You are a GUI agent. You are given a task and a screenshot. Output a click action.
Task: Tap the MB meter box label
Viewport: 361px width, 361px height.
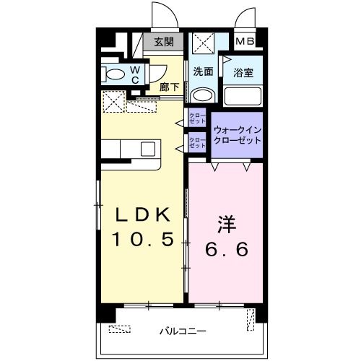[245, 42]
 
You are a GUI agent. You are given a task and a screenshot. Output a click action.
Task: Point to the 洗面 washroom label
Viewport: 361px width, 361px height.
[203, 71]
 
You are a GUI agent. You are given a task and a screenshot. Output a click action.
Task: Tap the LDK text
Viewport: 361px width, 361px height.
[144, 214]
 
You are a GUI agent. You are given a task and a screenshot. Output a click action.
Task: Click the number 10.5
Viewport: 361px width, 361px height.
[144, 239]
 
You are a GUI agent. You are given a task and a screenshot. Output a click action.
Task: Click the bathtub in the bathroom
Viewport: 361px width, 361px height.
[242, 96]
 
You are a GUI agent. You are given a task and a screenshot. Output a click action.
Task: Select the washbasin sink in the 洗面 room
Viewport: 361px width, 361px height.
[203, 95]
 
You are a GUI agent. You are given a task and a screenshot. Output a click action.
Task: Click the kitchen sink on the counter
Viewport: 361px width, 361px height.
[147, 149]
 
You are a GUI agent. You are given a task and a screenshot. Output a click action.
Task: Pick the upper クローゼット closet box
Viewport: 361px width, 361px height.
[196, 118]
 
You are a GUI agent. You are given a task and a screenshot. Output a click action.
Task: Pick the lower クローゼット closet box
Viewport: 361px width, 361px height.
[196, 142]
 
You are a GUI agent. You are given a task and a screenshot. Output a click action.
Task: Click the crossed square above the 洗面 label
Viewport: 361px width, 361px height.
[203, 45]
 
